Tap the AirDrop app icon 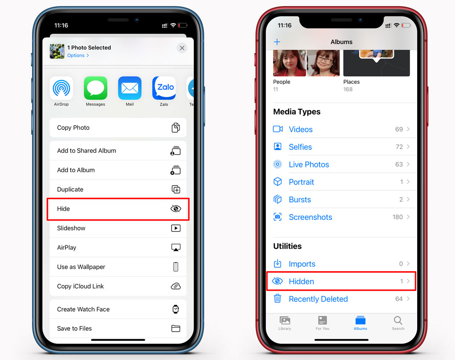[61, 88]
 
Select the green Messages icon [96, 88]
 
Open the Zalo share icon [164, 88]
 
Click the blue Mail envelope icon [130, 88]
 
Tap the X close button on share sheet [182, 48]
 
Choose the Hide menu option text [63, 209]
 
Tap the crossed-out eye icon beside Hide [176, 209]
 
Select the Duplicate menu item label [70, 189]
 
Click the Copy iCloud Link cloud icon [176, 286]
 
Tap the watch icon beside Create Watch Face [176, 309]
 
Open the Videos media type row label [301, 129]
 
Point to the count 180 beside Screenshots [398, 217]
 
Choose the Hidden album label [301, 281]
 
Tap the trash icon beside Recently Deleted [277, 298]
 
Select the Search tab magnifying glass [398, 320]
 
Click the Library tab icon [285, 320]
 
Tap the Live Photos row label [309, 165]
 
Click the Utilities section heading [287, 246]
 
